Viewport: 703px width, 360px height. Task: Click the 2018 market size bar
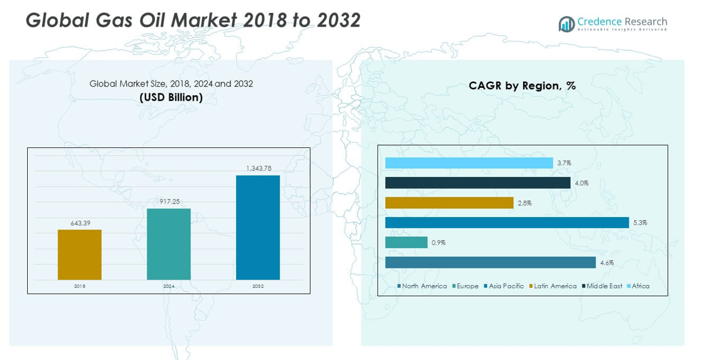coord(79,255)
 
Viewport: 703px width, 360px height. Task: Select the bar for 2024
coord(169,244)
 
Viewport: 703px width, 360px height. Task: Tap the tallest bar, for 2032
coord(258,227)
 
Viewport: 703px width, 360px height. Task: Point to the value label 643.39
coord(80,223)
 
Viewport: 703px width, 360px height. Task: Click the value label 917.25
coord(169,202)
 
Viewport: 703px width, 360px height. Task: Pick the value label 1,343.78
coord(258,168)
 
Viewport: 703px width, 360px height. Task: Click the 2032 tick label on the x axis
coord(258,286)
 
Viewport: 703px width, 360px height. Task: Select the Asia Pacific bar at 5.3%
coord(507,223)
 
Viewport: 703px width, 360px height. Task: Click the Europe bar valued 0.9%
coord(406,242)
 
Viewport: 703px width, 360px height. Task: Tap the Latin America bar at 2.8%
coord(449,203)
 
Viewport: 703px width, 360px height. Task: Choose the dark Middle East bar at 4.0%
coord(477,183)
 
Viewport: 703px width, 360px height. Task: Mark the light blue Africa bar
coord(469,163)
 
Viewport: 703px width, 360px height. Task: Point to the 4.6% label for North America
coord(606,263)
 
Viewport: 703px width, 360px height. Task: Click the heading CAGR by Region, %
coord(522,86)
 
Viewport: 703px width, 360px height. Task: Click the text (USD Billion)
coord(171,98)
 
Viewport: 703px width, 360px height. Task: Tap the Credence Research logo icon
coord(566,24)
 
